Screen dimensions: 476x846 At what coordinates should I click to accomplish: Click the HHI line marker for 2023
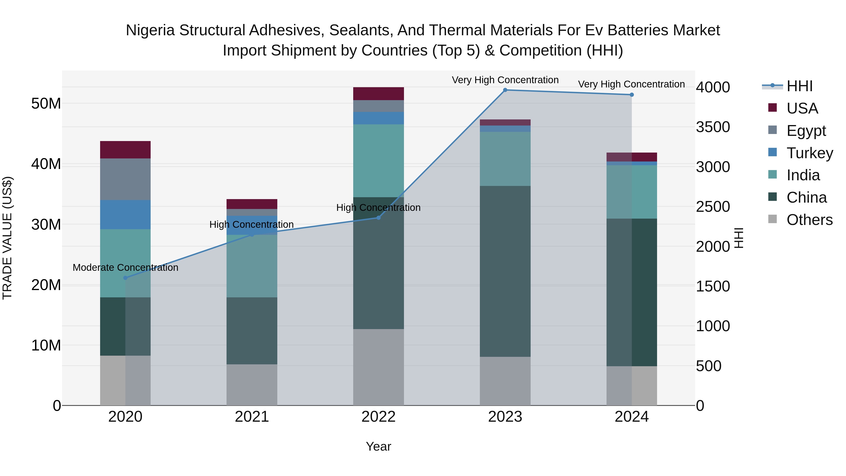point(505,90)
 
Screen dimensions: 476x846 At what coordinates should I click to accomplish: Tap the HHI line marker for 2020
point(125,278)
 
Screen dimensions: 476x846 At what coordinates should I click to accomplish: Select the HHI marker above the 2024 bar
point(631,95)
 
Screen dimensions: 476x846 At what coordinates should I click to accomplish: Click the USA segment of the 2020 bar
point(125,150)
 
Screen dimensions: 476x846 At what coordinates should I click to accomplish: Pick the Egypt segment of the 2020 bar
point(125,179)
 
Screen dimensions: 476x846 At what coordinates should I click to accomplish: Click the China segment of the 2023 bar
point(505,271)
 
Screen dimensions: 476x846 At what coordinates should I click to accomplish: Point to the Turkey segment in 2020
point(125,215)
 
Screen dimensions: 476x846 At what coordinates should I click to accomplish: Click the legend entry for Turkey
point(810,153)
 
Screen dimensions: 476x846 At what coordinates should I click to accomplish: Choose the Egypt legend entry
point(806,131)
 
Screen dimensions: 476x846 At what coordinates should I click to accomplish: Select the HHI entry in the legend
point(799,86)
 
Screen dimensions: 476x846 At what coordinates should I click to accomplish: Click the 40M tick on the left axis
point(46,164)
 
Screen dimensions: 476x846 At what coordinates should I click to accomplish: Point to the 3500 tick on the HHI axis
point(713,127)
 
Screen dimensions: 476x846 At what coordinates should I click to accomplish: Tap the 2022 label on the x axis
point(378,417)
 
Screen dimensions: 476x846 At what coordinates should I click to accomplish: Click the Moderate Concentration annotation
point(125,268)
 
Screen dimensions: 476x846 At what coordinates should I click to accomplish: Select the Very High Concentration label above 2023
point(505,80)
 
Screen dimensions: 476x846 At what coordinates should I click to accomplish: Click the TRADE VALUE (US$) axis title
point(7,238)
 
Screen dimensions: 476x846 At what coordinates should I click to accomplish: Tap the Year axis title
point(378,446)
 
